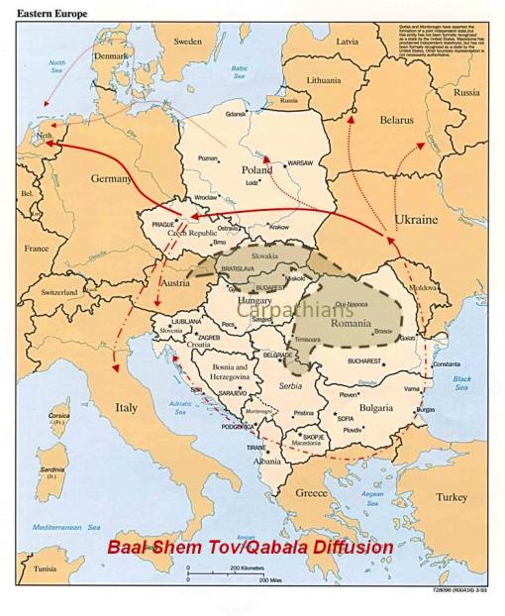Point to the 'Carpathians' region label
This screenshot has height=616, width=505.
click(x=308, y=310)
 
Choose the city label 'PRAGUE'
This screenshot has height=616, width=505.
click(x=163, y=224)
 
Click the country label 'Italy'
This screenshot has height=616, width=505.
click(x=127, y=407)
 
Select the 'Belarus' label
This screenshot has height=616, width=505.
click(x=396, y=120)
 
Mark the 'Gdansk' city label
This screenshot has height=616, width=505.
click(x=235, y=114)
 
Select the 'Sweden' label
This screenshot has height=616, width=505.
click(x=188, y=42)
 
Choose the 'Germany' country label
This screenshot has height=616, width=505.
click(x=110, y=178)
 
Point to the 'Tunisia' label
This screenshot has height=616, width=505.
click(x=41, y=568)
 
